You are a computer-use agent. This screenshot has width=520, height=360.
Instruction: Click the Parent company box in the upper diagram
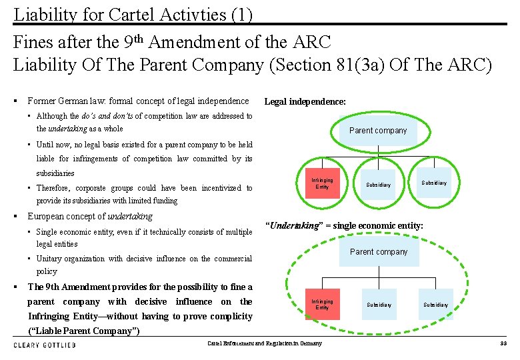click(x=378, y=131)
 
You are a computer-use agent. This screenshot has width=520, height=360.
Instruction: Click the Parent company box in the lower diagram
click(x=379, y=252)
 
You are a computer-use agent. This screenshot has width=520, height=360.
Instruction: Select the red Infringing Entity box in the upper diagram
click(x=322, y=183)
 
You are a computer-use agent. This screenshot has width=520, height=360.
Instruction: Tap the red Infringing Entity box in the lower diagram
click(x=322, y=305)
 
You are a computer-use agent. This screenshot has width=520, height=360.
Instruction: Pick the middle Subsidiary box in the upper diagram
click(x=378, y=185)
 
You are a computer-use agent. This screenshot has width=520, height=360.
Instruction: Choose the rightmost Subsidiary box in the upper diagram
click(x=434, y=183)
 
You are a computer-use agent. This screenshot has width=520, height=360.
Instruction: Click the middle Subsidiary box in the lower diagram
click(x=379, y=305)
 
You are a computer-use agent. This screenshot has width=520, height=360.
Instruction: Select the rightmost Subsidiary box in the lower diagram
click(x=435, y=305)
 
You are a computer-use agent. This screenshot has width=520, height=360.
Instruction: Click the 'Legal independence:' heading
click(x=305, y=102)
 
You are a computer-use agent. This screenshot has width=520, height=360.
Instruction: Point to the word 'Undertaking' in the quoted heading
click(x=293, y=226)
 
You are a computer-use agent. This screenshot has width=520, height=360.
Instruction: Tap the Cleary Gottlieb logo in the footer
click(x=45, y=345)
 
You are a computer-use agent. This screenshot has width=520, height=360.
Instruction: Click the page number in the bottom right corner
click(x=503, y=344)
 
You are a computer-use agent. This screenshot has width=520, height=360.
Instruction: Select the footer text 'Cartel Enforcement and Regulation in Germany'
click(x=264, y=344)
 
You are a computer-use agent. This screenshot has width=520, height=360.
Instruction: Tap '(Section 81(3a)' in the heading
click(x=342, y=65)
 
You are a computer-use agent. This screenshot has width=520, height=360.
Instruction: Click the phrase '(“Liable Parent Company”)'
click(x=83, y=331)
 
